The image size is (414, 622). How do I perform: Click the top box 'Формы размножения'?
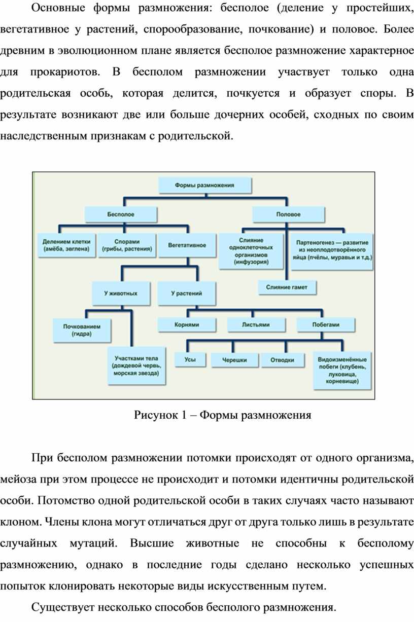pyautogui.click(x=205, y=186)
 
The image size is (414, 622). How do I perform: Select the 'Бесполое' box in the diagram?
pyautogui.click(x=120, y=214)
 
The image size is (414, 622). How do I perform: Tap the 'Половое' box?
pyautogui.click(x=288, y=214)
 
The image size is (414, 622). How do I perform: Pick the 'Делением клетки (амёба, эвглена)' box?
pyautogui.click(x=66, y=245)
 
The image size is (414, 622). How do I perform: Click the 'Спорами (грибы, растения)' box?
pyautogui.click(x=127, y=245)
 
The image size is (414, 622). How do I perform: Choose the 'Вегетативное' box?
pyautogui.click(x=187, y=245)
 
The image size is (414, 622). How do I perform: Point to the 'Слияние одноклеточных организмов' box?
pyautogui.click(x=251, y=251)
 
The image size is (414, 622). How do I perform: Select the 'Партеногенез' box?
pyautogui.click(x=332, y=249)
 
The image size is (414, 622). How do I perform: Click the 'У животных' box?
pyautogui.click(x=120, y=294)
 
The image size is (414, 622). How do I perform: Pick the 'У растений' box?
pyautogui.click(x=186, y=294)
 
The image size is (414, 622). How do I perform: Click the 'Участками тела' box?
pyautogui.click(x=137, y=365)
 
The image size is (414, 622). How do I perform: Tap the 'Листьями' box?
pyautogui.click(x=255, y=324)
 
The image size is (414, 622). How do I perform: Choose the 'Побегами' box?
pyautogui.click(x=325, y=324)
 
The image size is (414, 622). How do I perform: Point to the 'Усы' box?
pyautogui.click(x=191, y=360)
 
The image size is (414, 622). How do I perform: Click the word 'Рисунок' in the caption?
pyautogui.click(x=155, y=416)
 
